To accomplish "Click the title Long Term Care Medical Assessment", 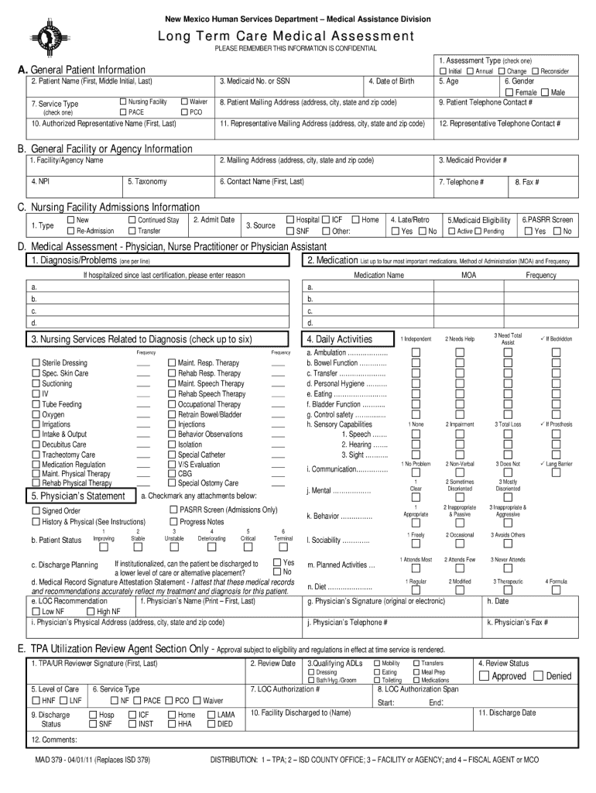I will (x=297, y=36).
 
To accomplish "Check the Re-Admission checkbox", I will (x=71, y=231).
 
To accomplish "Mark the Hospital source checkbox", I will (x=290, y=220).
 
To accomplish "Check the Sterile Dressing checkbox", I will (x=36, y=363).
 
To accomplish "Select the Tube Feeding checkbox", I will (x=36, y=404).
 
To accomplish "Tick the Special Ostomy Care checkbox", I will (x=172, y=483).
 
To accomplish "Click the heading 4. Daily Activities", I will (x=339, y=339).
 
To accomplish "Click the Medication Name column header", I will (x=379, y=275).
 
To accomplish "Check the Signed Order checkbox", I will (x=36, y=511).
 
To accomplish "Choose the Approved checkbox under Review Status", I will (x=484, y=676).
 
